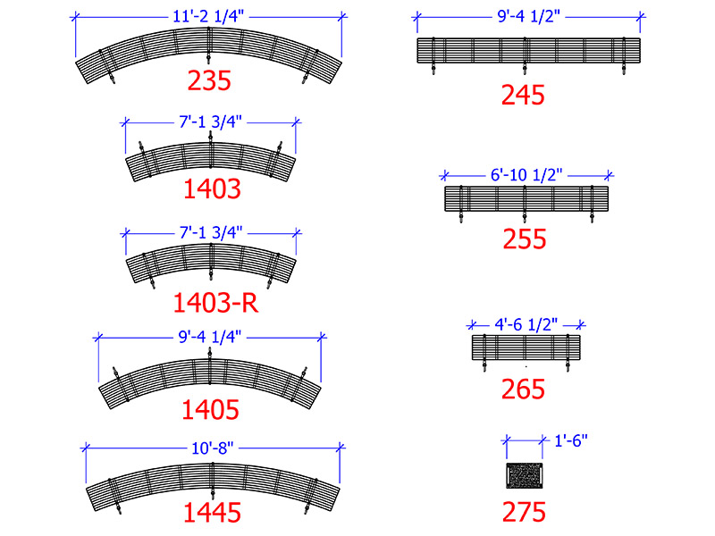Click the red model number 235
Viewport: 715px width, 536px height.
click(209, 80)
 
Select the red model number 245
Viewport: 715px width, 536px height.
click(523, 96)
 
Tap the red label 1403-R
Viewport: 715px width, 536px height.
click(215, 303)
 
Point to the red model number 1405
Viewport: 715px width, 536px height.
click(210, 409)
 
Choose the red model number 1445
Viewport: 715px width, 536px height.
click(212, 512)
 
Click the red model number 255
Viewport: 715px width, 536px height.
click(525, 239)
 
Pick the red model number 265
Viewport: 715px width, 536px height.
click(523, 389)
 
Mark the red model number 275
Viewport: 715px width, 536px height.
click(524, 512)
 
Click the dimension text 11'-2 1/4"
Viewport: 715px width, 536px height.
click(208, 16)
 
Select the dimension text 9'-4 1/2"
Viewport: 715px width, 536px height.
click(528, 16)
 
